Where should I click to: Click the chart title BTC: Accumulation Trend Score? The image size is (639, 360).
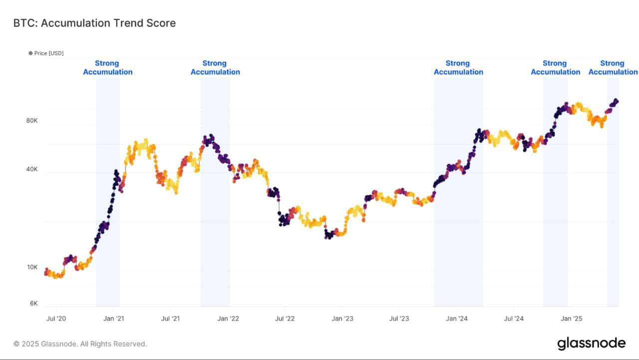coord(94,23)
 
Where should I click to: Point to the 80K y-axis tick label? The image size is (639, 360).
coord(32,120)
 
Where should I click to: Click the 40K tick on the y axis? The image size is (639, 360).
coord(32,169)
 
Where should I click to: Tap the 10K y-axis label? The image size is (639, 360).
coord(32,267)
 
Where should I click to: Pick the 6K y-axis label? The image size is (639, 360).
coord(33,303)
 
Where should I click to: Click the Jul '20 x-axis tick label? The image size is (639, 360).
coord(56,318)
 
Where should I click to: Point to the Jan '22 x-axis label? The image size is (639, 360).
coord(229,318)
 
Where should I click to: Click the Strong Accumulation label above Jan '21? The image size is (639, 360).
coord(108,67)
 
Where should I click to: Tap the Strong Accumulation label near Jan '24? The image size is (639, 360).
coord(458,67)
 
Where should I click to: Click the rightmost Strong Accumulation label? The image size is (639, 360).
coord(613,67)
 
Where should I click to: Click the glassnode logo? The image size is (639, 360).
coord(591,343)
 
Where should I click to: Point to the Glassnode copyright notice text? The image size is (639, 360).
coord(80,344)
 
